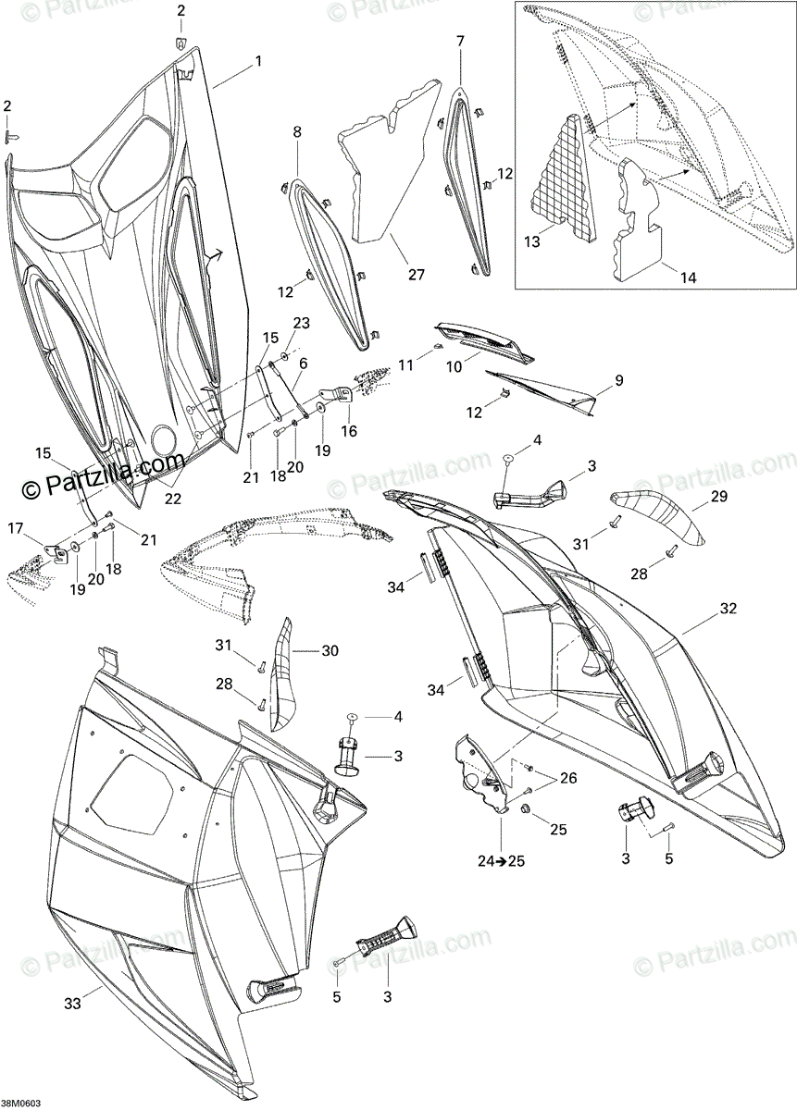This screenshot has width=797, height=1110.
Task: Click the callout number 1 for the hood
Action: [258, 61]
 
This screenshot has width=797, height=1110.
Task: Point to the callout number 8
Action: [297, 133]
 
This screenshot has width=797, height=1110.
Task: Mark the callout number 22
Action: [173, 498]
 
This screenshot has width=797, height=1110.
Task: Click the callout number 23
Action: [299, 323]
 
